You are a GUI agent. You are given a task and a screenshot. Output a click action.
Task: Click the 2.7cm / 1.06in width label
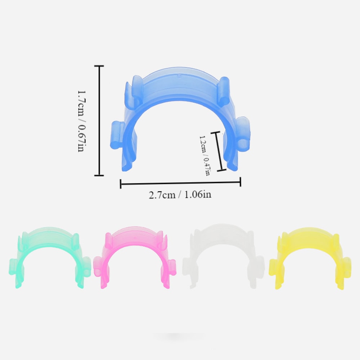coord(180,195)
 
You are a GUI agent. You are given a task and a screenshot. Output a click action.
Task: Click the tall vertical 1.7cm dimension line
coord(99,121)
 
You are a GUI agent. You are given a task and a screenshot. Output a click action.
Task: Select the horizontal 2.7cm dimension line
coord(180,184)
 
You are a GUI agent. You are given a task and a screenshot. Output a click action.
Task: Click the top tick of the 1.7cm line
coord(99,66)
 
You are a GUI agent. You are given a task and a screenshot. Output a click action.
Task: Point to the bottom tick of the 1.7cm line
coord(99,175)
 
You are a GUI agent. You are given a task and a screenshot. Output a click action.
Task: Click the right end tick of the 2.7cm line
coord(240,183)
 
